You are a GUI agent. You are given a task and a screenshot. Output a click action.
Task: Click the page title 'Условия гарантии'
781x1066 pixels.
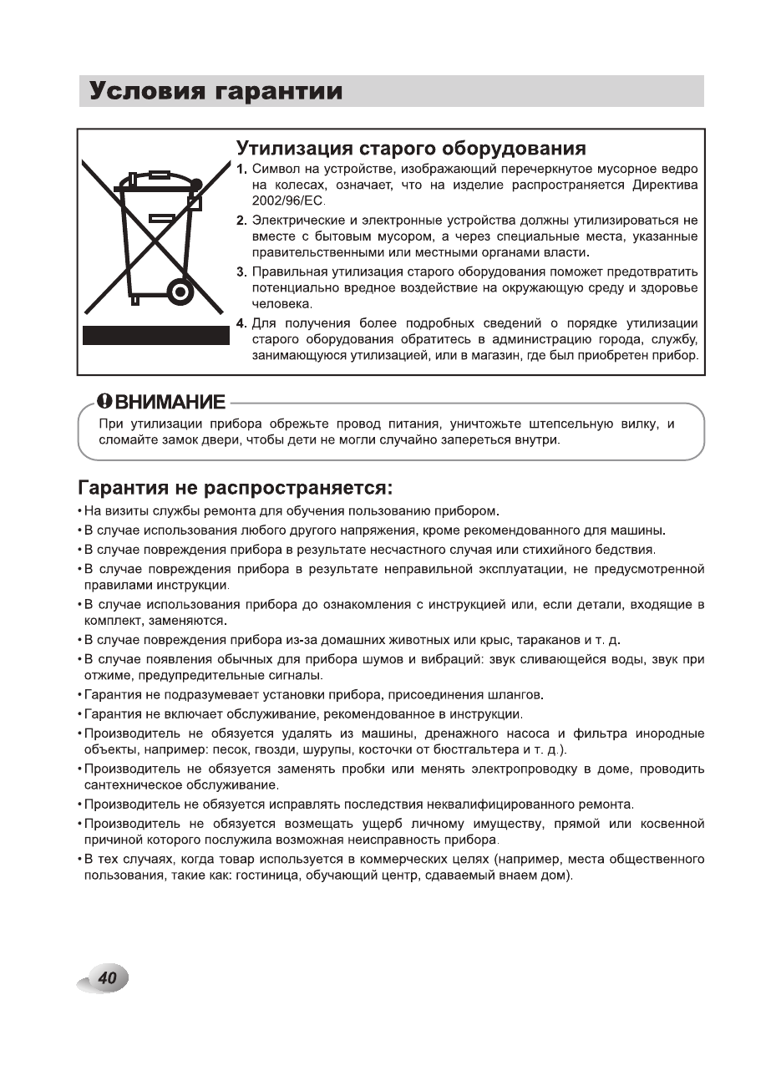pyautogui.click(x=216, y=91)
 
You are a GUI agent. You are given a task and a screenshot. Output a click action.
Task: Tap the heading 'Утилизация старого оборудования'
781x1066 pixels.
pyautogui.click(x=410, y=149)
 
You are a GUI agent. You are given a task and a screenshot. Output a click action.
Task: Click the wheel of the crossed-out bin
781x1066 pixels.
pyautogui.click(x=179, y=292)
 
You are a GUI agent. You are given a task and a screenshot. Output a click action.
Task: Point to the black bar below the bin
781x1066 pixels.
pyautogui.click(x=155, y=336)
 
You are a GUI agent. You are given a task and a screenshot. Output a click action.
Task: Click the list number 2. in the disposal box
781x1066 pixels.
pyautogui.click(x=241, y=221)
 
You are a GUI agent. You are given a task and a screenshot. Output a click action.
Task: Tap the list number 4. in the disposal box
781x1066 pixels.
pyautogui.click(x=241, y=323)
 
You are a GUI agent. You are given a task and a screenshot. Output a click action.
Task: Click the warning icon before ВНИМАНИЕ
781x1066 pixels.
pyautogui.click(x=104, y=402)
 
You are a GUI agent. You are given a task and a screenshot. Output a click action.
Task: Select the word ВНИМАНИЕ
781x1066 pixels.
pyautogui.click(x=170, y=402)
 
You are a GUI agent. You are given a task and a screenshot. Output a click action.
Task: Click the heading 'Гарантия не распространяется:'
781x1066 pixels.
pyautogui.click(x=235, y=487)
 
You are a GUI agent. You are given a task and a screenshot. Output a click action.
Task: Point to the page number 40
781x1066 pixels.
pyautogui.click(x=106, y=978)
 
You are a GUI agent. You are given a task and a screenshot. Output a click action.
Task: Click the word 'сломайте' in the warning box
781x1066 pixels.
pyautogui.click(x=125, y=440)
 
